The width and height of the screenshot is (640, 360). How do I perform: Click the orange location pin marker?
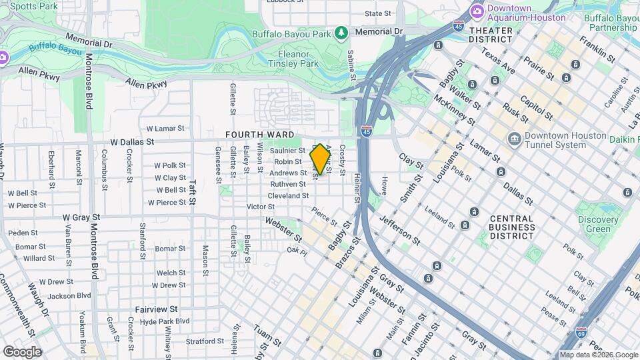point(320,159)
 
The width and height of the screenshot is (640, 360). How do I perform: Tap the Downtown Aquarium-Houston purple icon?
point(477,11)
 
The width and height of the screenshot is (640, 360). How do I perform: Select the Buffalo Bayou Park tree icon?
point(342,33)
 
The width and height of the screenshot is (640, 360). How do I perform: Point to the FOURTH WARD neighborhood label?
point(260,135)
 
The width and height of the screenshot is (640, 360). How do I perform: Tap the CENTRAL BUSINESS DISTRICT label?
point(512,227)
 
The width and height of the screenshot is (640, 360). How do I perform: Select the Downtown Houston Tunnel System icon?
point(515,139)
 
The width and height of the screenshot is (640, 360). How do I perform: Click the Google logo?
point(22,351)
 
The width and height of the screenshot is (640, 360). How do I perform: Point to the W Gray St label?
point(81,217)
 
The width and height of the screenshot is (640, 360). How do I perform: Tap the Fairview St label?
point(157,309)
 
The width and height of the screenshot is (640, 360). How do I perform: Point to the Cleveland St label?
point(288,196)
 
